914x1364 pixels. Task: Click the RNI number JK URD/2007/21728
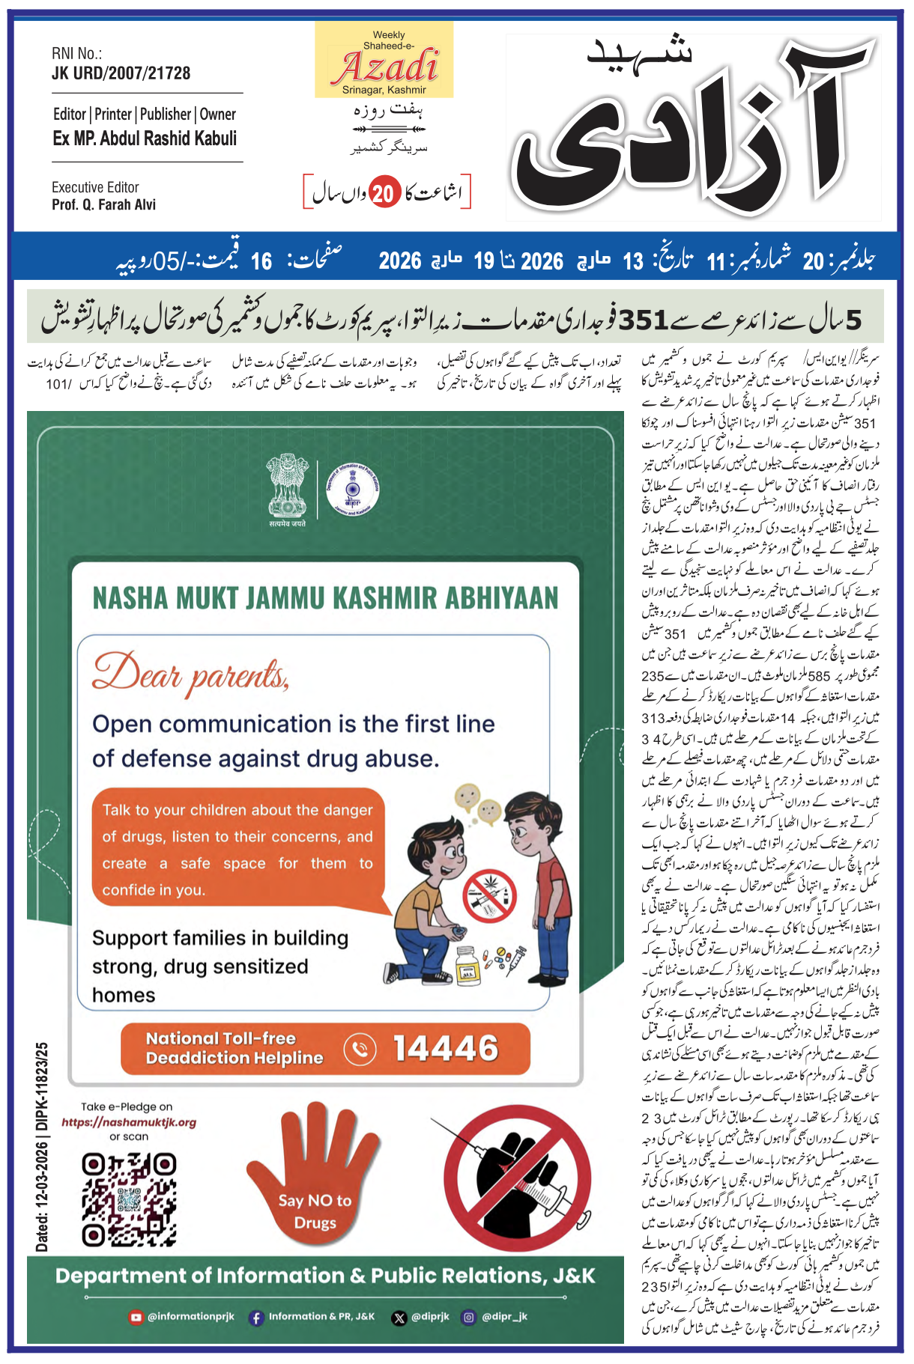point(121,73)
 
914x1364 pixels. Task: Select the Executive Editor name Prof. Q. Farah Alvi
point(103,205)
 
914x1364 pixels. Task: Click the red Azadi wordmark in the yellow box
point(385,67)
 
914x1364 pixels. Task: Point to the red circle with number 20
point(384,194)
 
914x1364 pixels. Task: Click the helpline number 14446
point(446,1048)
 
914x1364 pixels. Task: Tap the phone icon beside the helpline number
point(360,1048)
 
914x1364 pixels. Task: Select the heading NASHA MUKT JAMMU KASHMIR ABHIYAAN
point(325,598)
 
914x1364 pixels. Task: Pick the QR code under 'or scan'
point(129,1199)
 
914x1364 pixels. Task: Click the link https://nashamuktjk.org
point(129,1122)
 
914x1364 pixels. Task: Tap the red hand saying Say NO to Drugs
point(314,1175)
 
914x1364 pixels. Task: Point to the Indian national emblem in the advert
point(288,487)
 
